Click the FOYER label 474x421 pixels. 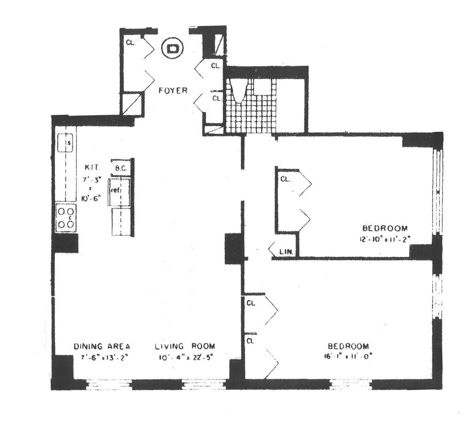tap(173, 90)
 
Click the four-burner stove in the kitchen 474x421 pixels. tap(66, 218)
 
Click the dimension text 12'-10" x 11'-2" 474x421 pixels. tap(385, 239)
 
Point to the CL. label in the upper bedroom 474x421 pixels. tap(285, 179)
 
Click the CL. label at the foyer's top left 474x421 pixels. tap(130, 43)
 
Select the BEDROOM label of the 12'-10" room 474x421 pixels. tap(385, 228)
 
